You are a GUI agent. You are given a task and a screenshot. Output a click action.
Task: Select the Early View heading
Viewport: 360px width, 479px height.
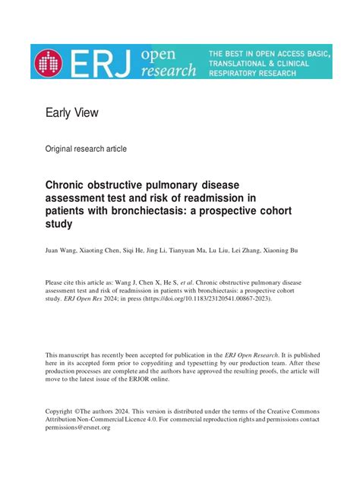click(72, 113)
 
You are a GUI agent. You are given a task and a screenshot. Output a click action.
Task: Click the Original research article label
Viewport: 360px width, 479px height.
click(87, 149)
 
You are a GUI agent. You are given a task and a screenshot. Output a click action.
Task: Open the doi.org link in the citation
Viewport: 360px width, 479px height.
click(216, 298)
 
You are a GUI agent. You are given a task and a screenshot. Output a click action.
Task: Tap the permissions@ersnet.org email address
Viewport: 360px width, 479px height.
click(78, 427)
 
